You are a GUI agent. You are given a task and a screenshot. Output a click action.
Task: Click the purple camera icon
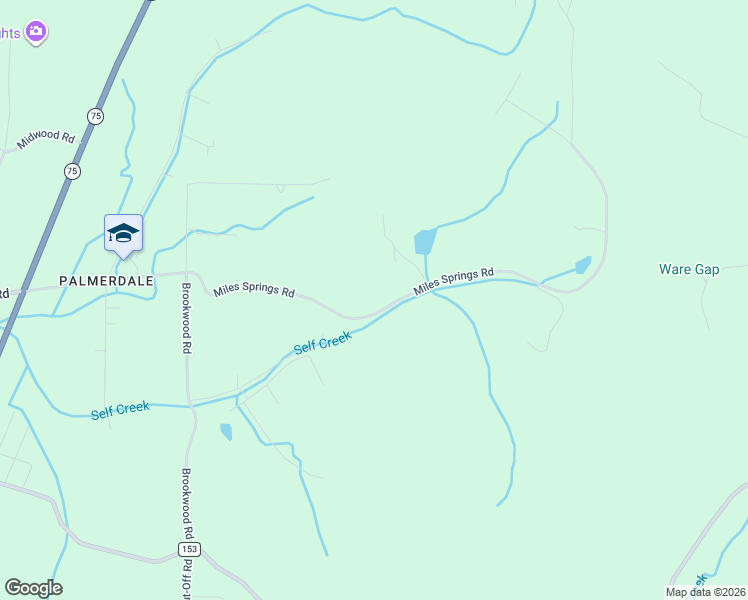point(36,33)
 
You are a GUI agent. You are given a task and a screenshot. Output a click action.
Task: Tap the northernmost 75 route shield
point(95,117)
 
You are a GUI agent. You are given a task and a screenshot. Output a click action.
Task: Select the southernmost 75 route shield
point(72,172)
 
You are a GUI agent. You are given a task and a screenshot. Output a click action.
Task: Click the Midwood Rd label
point(46,140)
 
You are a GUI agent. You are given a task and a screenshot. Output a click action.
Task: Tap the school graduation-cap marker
point(123,233)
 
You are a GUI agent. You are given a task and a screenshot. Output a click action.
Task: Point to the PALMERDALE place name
point(106,281)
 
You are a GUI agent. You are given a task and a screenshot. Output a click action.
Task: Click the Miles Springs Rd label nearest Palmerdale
point(254,292)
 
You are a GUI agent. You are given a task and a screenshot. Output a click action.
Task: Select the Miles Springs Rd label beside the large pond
point(455,280)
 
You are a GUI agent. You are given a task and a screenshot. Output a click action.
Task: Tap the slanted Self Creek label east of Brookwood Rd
point(323,343)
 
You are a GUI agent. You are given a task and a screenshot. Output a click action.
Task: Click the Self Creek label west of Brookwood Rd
point(120,410)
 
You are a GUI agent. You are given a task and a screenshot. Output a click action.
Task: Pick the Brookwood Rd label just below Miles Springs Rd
point(186,319)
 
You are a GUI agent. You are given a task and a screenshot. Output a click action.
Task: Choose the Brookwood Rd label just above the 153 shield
point(186,503)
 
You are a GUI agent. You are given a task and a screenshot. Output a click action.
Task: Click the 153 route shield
point(190,550)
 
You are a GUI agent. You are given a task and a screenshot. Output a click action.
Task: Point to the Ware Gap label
point(689,270)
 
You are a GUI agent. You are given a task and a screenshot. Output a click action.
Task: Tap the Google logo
point(33,588)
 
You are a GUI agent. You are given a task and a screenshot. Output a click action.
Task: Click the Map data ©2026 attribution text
point(706,592)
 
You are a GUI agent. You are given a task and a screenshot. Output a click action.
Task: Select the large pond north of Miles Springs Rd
point(424,241)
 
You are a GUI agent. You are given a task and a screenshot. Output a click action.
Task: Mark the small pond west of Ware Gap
point(583,265)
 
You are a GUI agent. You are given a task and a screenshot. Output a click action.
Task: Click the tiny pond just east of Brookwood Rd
point(226,432)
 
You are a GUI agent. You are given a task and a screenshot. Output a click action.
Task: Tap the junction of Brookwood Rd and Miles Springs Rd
point(187,272)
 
